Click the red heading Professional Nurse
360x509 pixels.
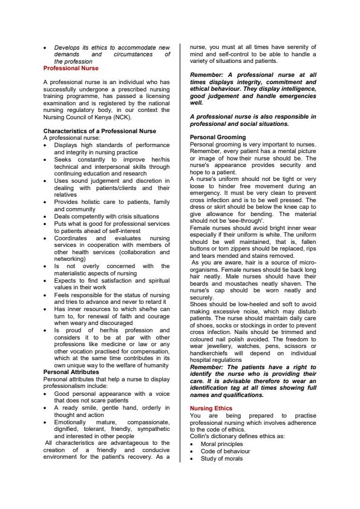coord(70,68)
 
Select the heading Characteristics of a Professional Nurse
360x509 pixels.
coord(99,131)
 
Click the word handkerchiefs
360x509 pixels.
coord(213,353)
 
